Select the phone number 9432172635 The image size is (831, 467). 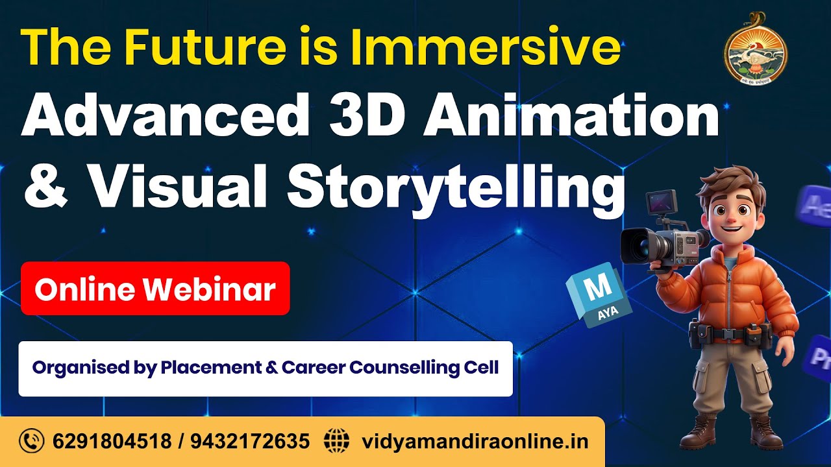(251, 442)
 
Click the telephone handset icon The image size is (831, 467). (31, 442)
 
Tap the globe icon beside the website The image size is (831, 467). (336, 442)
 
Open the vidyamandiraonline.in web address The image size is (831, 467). (475, 442)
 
